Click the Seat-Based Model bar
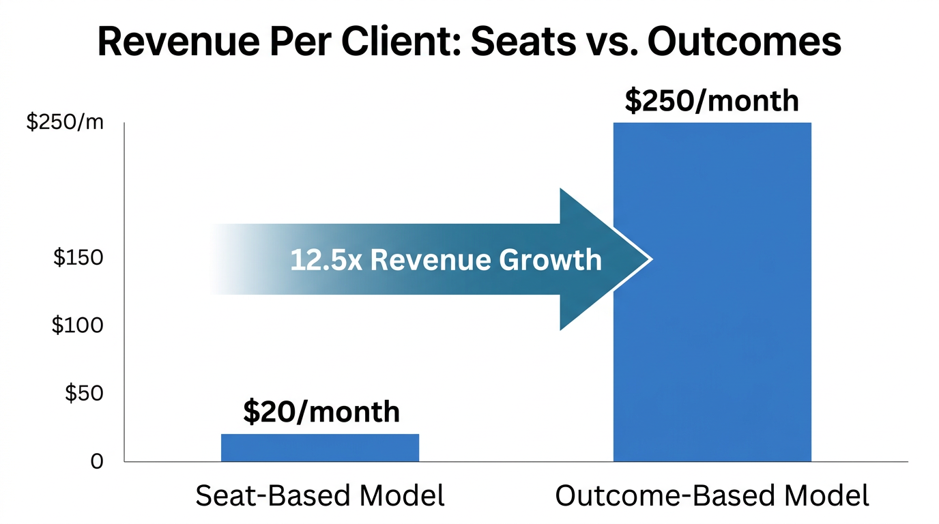click(319, 448)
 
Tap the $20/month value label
click(321, 412)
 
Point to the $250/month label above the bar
click(712, 101)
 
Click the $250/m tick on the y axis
click(65, 122)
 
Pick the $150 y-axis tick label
click(78, 259)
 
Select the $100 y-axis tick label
click(78, 325)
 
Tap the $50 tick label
click(83, 394)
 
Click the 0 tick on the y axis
click(96, 462)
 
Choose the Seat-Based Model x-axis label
click(320, 495)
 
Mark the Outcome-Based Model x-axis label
click(712, 495)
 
